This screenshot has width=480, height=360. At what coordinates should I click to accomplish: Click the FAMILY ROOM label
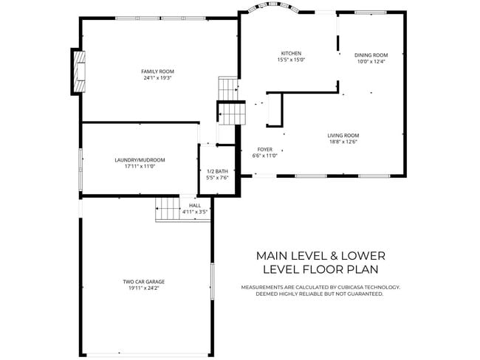click(152, 71)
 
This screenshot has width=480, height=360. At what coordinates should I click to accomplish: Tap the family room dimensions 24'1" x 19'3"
click(152, 77)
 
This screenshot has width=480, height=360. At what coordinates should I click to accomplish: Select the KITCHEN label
click(291, 53)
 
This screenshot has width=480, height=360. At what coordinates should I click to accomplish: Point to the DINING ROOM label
click(371, 55)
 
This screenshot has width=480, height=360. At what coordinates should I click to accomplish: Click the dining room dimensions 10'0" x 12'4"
click(371, 61)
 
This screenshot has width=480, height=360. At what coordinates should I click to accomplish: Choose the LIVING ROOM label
click(343, 136)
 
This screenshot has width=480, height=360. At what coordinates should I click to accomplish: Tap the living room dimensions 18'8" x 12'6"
click(343, 142)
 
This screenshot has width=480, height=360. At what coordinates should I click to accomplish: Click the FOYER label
click(264, 149)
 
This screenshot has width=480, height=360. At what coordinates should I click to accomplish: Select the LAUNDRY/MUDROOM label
click(140, 160)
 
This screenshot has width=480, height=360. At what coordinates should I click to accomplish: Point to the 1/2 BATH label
click(217, 171)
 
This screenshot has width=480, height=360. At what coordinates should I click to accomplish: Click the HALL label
click(195, 206)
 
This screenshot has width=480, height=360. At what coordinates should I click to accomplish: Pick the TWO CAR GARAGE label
click(143, 282)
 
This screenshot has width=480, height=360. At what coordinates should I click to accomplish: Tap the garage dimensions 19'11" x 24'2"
click(143, 288)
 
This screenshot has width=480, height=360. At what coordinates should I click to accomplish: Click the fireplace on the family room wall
click(78, 72)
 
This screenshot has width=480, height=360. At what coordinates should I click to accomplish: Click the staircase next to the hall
click(168, 209)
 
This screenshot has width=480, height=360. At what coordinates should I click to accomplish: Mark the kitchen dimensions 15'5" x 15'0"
click(291, 60)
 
